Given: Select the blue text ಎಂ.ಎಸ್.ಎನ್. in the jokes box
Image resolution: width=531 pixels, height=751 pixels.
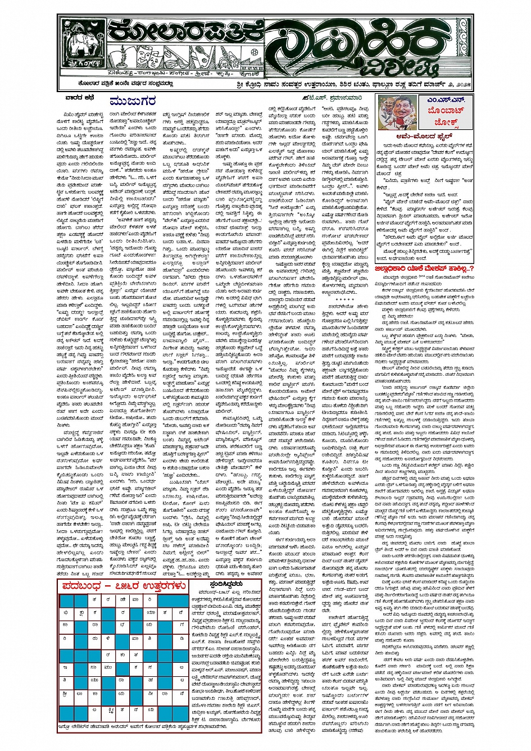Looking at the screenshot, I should click(x=444, y=99).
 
